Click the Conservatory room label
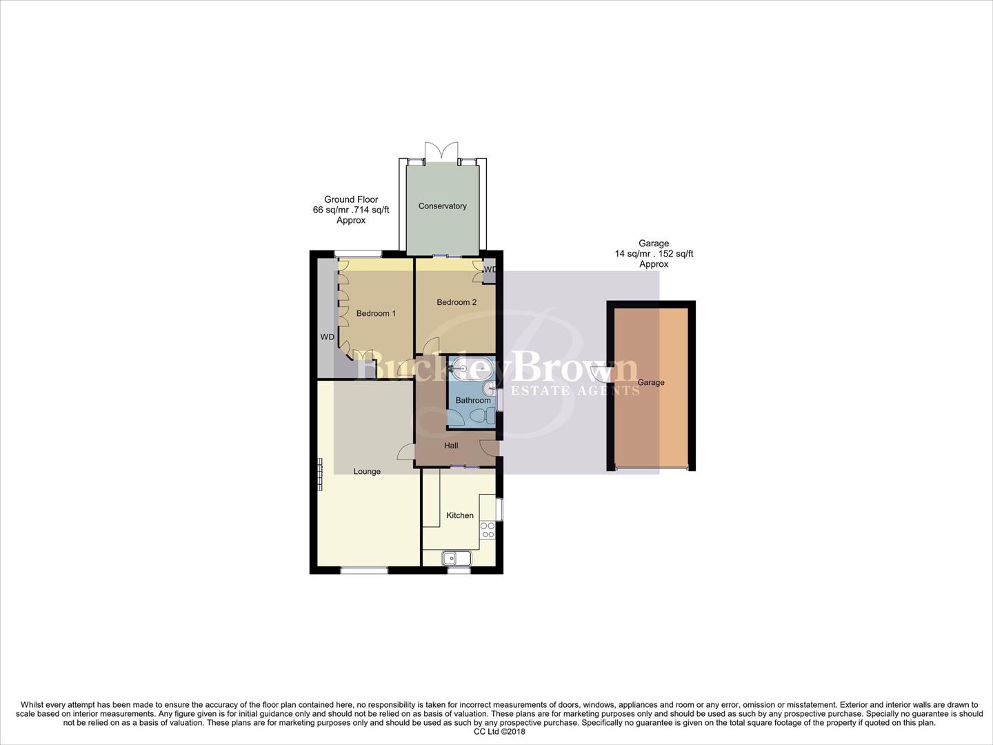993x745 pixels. click(x=442, y=206)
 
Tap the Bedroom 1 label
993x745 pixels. click(x=376, y=313)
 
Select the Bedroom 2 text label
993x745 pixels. click(x=457, y=302)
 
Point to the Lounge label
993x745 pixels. click(x=367, y=471)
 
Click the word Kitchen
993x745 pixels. click(x=460, y=515)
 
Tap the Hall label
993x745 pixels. click(x=451, y=446)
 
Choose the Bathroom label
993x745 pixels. click(x=473, y=400)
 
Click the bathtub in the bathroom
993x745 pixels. click(x=469, y=368)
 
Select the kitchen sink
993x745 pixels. click(x=457, y=558)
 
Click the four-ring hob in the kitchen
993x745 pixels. click(x=488, y=530)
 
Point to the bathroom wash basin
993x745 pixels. click(x=490, y=390)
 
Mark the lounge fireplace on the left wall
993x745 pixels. click(x=320, y=475)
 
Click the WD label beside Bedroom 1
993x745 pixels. click(x=327, y=337)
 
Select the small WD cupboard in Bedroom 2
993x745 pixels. click(x=490, y=274)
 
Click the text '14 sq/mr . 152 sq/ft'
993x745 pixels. click(x=654, y=254)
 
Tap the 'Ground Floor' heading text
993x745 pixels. click(x=351, y=199)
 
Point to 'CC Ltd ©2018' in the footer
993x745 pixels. click(x=496, y=732)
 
